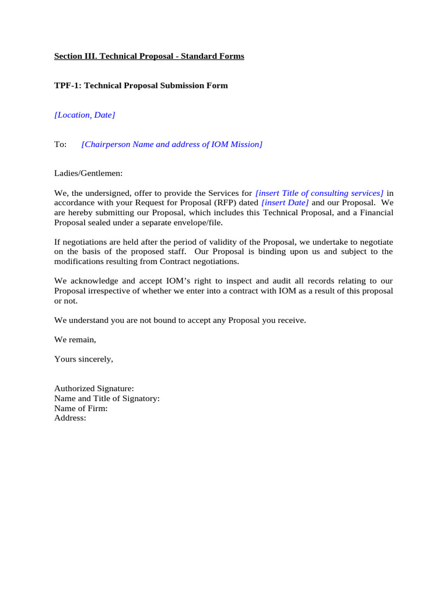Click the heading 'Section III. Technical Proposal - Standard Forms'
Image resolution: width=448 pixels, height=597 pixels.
(149, 57)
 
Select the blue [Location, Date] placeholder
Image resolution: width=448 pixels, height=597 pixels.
(85, 115)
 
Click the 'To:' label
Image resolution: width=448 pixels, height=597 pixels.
(61, 144)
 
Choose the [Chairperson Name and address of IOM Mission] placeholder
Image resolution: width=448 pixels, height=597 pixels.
(172, 144)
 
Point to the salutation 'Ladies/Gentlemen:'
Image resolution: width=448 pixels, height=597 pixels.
(89, 173)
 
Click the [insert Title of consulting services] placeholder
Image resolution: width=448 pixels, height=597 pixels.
(320, 193)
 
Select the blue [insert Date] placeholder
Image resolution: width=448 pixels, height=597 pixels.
(285, 203)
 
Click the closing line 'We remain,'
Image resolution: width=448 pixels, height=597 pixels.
(75, 339)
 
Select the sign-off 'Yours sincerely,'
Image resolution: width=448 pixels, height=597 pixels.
(83, 359)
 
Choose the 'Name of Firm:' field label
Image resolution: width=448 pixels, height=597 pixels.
(81, 408)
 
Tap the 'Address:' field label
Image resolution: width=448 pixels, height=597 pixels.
(70, 418)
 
